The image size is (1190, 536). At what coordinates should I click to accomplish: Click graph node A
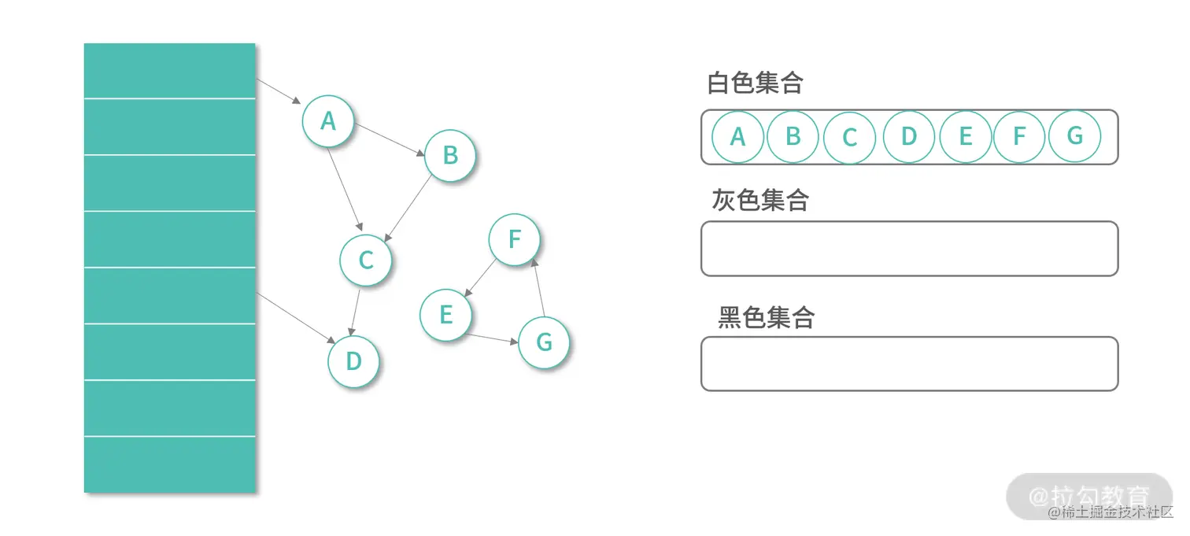coord(328,121)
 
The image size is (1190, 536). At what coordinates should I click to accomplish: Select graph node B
coord(450,155)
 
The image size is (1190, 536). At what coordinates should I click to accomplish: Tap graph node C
coord(365,261)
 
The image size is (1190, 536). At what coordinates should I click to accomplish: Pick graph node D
coord(353,361)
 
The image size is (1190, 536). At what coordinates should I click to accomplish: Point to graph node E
coord(445,316)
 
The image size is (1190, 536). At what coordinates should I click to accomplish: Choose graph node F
coord(515,239)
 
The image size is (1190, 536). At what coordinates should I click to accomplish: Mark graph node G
coord(544,342)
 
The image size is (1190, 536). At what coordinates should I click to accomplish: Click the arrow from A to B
coord(390,139)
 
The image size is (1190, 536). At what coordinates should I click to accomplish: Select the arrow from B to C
coord(408,208)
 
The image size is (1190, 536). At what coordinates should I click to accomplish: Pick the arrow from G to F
coord(539,286)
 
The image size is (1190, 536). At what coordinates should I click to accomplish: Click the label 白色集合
coord(755,83)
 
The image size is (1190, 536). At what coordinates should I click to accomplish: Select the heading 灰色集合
coord(760,200)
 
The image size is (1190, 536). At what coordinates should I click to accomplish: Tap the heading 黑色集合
coord(766,317)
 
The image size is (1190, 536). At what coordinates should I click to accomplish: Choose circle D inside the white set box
coord(908,137)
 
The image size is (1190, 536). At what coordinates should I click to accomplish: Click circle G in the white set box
coord(1074,136)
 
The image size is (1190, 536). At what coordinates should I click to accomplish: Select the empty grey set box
coord(909,249)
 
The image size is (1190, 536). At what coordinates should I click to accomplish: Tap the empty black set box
coord(909,364)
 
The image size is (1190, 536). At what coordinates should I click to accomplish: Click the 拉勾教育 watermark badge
coord(1089,496)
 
